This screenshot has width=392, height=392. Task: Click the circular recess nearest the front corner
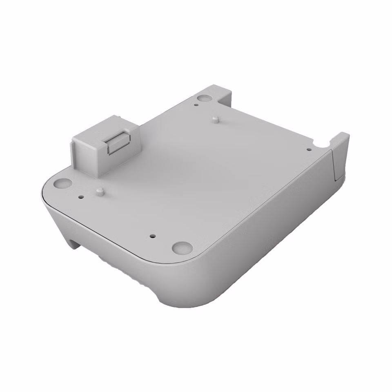tap(182, 247)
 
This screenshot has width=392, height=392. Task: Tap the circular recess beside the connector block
tap(62, 183)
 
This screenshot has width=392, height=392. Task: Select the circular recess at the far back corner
tap(203, 98)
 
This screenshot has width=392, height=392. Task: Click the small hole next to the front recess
tap(152, 236)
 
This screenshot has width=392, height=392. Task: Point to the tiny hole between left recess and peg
tap(80, 196)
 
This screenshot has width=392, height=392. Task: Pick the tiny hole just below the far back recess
tap(196, 105)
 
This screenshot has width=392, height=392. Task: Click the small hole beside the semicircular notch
tap(308, 149)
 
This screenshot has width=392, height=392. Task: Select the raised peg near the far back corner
tap(215, 119)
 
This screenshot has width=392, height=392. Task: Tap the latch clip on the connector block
tap(118, 143)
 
